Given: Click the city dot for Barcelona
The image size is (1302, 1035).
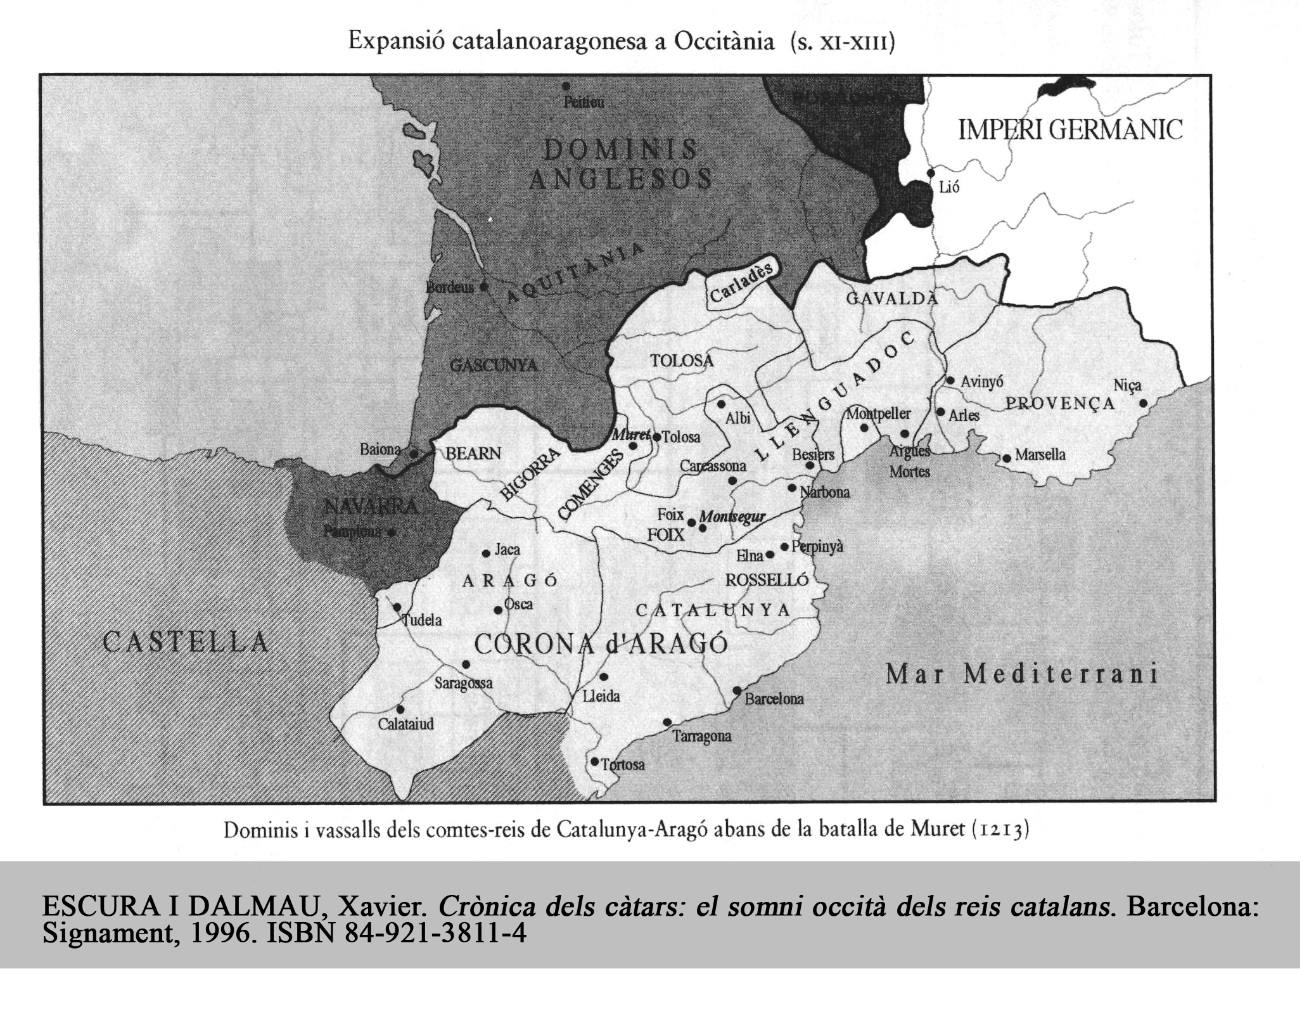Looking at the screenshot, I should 737,690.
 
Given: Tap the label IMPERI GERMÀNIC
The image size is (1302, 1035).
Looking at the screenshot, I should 1070,130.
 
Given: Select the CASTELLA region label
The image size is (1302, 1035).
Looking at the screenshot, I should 186,641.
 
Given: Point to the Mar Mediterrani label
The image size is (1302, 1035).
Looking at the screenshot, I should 1021,674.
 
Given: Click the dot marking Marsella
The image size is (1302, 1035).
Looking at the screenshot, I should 1007,458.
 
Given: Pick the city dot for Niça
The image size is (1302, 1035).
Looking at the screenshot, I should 1144,403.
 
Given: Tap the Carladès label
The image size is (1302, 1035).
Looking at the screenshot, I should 742,283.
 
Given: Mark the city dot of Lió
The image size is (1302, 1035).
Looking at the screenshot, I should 931,172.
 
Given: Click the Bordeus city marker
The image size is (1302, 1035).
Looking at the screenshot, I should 484,286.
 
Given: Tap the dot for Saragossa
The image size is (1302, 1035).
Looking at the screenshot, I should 466,664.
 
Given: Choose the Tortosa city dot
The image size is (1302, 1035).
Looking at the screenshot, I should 594,761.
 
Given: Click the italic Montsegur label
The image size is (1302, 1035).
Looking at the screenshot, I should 733,517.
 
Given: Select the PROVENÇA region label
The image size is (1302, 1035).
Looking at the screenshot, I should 1060,404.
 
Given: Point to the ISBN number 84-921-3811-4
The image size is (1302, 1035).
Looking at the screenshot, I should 435,934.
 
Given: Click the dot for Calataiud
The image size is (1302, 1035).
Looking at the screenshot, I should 400,709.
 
